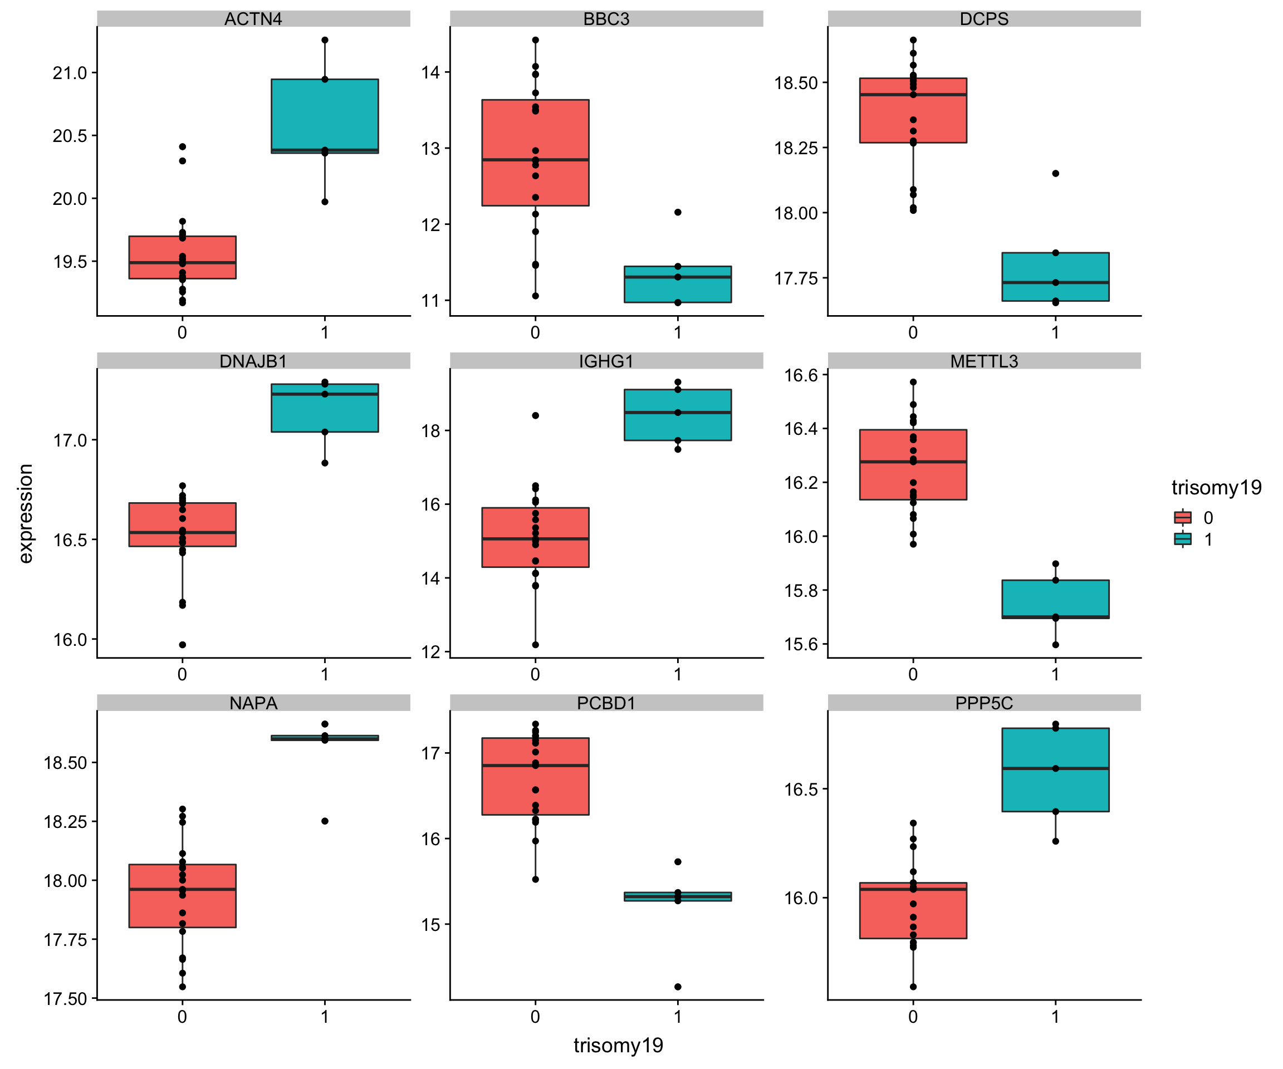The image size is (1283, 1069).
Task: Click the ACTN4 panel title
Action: pos(253,19)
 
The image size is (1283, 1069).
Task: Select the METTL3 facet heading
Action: pos(983,361)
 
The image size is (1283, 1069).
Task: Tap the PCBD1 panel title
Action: pos(606,703)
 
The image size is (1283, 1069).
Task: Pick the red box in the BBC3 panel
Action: pos(535,153)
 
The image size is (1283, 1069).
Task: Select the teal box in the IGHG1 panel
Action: pos(678,414)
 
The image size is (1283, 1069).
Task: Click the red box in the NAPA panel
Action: pos(182,895)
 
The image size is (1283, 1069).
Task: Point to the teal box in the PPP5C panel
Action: pos(1055,769)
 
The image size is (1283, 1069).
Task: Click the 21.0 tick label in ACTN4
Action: pos(70,73)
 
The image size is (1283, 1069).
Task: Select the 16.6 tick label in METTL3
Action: pos(800,375)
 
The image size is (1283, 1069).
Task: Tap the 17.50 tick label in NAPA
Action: pos(65,999)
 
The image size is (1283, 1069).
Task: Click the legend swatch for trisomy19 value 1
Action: pos(1182,539)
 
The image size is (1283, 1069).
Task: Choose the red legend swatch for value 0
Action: pos(1182,517)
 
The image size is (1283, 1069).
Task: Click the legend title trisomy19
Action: pos(1216,488)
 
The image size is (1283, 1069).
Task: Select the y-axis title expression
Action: pos(25,513)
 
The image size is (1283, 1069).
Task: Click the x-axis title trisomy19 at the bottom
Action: pos(618,1045)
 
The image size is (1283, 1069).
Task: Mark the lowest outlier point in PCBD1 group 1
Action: pos(678,987)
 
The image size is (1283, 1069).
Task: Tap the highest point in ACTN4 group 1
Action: pos(325,40)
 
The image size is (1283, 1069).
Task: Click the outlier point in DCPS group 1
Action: pos(1055,174)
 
